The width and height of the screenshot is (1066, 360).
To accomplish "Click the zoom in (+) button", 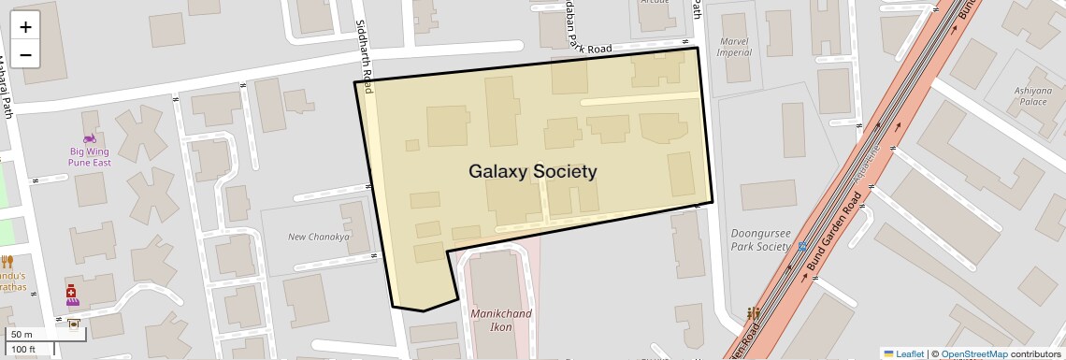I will pyautogui.click(x=25, y=27).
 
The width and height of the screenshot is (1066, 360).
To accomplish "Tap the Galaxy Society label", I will pyautogui.click(x=532, y=171).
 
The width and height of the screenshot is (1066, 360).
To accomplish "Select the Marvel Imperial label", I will pyautogui.click(x=734, y=47).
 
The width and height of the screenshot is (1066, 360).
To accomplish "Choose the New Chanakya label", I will pyautogui.click(x=318, y=237).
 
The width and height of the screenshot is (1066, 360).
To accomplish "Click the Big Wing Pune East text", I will pyautogui.click(x=90, y=156).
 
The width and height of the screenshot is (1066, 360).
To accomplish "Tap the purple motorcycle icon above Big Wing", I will pyautogui.click(x=90, y=139).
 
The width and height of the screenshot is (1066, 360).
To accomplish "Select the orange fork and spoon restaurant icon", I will pyautogui.click(x=7, y=262).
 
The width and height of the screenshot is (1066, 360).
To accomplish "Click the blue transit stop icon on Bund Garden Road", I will pyautogui.click(x=802, y=247).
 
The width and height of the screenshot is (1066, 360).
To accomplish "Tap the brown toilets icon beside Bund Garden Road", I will pyautogui.click(x=751, y=314).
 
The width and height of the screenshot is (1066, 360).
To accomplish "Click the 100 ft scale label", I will pyautogui.click(x=23, y=350).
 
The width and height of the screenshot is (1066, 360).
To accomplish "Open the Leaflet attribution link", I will pyautogui.click(x=903, y=353).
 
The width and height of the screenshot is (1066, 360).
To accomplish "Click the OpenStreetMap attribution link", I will pyautogui.click(x=973, y=353).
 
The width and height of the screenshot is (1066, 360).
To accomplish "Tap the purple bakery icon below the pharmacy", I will pyautogui.click(x=72, y=304).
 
